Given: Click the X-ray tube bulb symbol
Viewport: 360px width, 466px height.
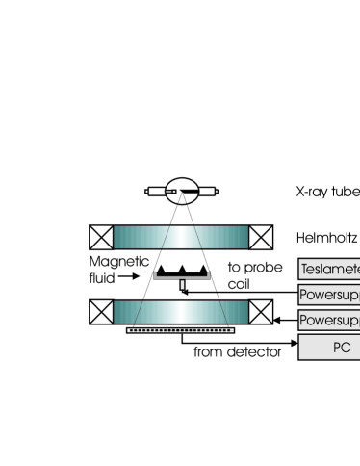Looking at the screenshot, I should pyautogui.click(x=182, y=192).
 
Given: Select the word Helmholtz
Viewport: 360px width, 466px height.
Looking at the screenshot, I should pyautogui.click(x=328, y=236).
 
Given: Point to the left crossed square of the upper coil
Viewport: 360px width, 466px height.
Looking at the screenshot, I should pyautogui.click(x=101, y=237).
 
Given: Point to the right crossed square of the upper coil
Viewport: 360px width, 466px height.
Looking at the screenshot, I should pyautogui.click(x=261, y=237).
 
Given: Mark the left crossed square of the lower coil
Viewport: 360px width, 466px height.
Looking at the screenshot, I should pyautogui.click(x=101, y=312).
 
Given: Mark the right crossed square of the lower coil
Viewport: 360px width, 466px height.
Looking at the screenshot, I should pyautogui.click(x=261, y=312).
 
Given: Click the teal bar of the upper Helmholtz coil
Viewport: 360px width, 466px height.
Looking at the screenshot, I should pyautogui.click(x=181, y=237).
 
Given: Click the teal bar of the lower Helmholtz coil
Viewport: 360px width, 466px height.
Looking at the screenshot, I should pyautogui.click(x=181, y=312).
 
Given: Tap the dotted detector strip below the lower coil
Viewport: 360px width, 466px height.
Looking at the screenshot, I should pyautogui.click(x=181, y=331).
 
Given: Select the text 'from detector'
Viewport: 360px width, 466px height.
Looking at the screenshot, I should pyautogui.click(x=237, y=352).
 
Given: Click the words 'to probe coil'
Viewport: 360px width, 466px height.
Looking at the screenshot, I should pyautogui.click(x=247, y=275).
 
